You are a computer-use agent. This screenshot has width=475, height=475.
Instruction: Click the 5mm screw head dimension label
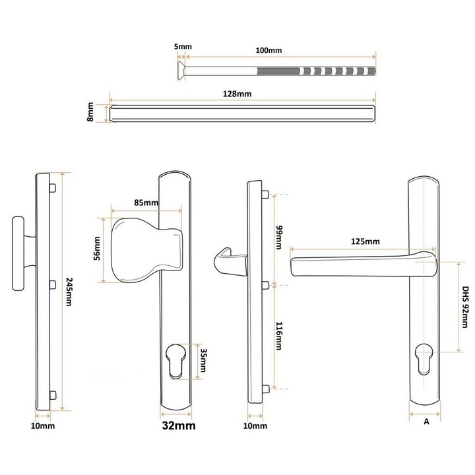[183, 47]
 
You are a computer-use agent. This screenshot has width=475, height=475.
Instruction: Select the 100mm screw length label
[269, 50]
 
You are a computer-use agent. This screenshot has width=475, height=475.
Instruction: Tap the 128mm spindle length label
[237, 94]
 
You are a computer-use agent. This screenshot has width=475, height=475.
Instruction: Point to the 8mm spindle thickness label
[90, 111]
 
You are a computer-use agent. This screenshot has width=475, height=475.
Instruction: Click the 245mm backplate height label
[69, 292]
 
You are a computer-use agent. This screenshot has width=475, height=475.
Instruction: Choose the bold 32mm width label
[179, 426]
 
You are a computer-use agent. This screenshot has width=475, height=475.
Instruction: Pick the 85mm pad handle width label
[146, 203]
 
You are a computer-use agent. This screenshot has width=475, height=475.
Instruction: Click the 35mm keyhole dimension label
[203, 360]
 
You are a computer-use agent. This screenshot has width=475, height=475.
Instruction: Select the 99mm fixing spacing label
[278, 237]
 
